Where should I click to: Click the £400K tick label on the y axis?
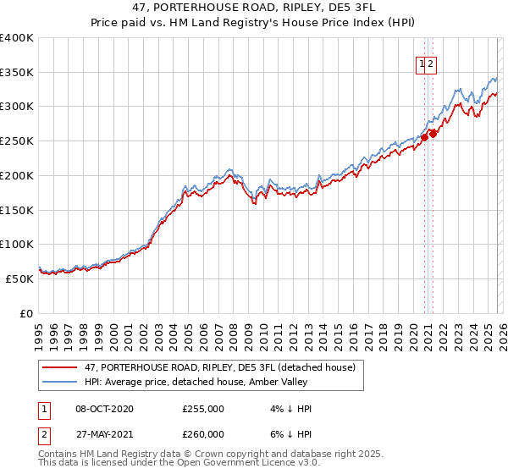pyautogui.click(x=17, y=38)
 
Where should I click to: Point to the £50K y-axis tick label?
pyautogui.click(x=19, y=278)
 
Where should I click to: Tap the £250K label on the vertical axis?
pyautogui.click(x=17, y=141)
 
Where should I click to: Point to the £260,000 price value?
pyautogui.click(x=203, y=434)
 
